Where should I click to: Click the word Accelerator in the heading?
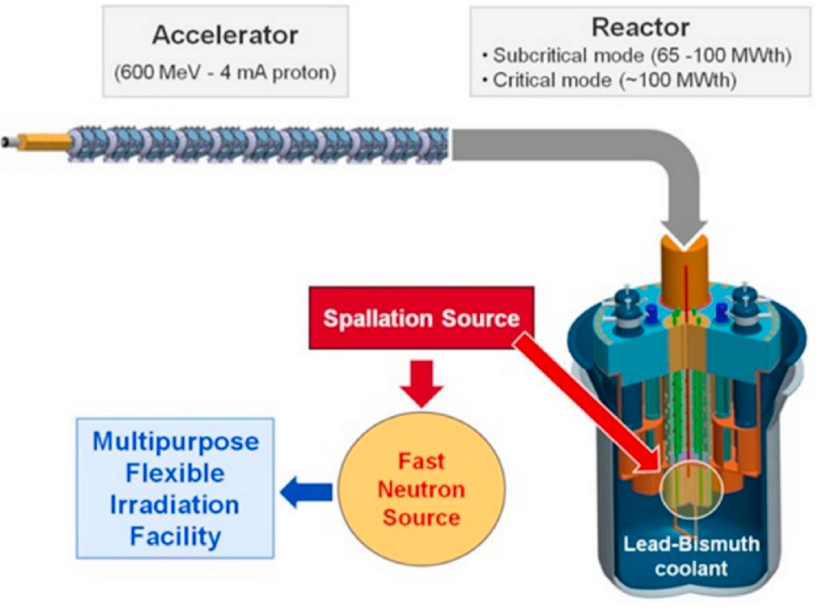coord(226,36)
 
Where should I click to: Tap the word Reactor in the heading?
coord(640,27)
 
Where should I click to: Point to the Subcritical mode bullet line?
coord(636,56)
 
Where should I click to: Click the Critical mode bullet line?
coord(609,80)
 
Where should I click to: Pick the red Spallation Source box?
coord(421,318)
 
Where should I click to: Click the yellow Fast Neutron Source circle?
coord(422,489)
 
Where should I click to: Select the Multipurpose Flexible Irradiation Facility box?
coord(176,488)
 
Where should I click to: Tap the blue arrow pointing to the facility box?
coord(307,493)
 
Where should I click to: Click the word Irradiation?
coord(174,505)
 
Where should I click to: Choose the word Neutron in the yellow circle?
coord(421,489)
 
